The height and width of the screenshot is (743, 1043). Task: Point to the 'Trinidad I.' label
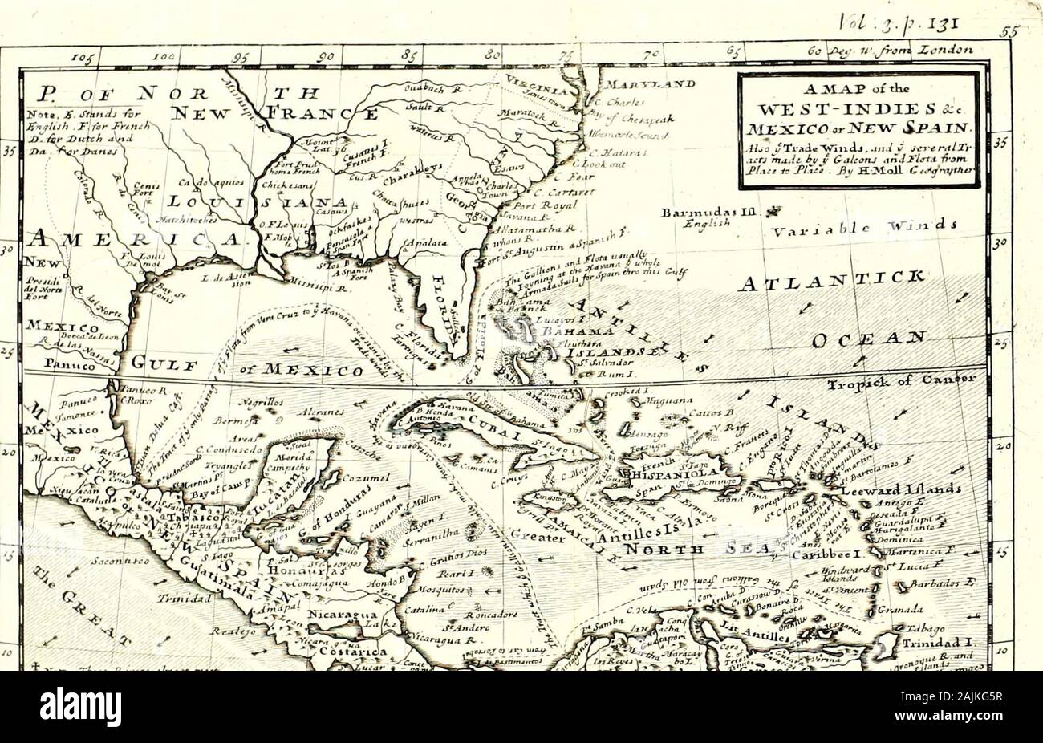click(931, 644)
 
